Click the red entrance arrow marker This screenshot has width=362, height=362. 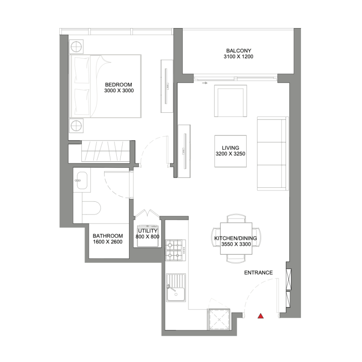click(x=260, y=316)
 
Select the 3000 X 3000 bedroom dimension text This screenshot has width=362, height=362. click(x=119, y=90)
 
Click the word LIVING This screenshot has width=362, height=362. click(x=230, y=148)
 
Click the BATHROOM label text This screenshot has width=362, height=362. click(x=108, y=236)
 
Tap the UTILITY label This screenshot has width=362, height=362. click(x=148, y=231)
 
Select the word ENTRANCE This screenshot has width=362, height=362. click(x=258, y=272)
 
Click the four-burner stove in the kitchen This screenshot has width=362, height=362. click(x=174, y=250)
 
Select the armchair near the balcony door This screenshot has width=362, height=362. click(x=230, y=100)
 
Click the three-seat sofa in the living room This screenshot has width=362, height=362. click(x=271, y=154)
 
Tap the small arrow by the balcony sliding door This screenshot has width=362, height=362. click(x=205, y=83)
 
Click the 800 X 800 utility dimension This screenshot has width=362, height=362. click(x=148, y=237)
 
